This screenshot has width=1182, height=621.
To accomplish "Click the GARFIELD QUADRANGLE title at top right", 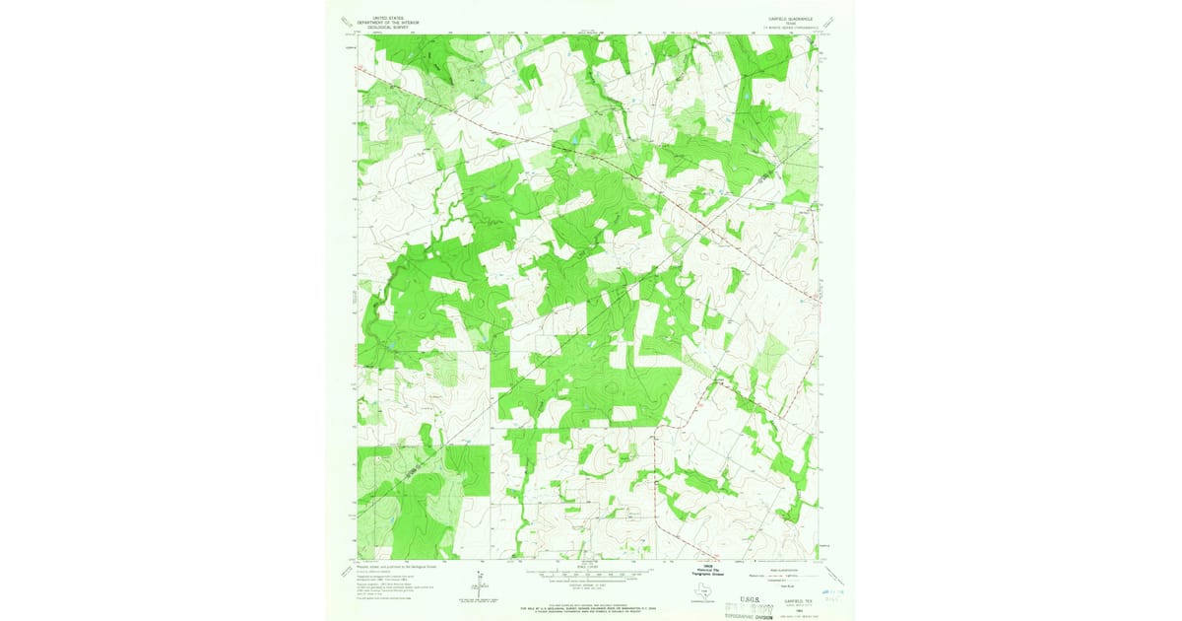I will (x=789, y=18).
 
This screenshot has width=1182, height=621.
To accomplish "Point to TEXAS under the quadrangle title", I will (x=789, y=23).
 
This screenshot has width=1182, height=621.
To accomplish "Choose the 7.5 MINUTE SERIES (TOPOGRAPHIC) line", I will (x=789, y=28).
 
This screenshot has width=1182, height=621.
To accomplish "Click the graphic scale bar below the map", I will (x=590, y=573).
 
